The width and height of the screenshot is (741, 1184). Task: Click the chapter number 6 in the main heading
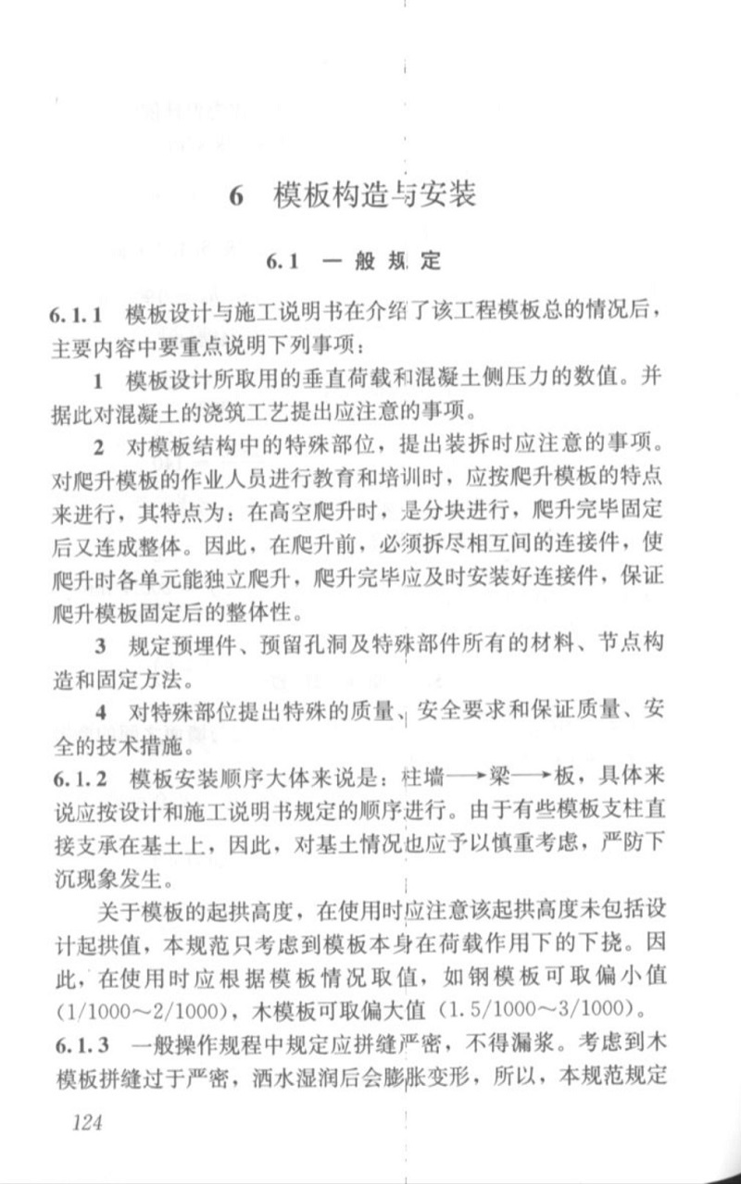tap(238, 196)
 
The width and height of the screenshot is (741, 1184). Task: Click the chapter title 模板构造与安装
tap(374, 196)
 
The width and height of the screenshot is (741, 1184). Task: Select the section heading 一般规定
tap(381, 262)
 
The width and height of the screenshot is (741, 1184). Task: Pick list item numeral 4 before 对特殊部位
tap(99, 711)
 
